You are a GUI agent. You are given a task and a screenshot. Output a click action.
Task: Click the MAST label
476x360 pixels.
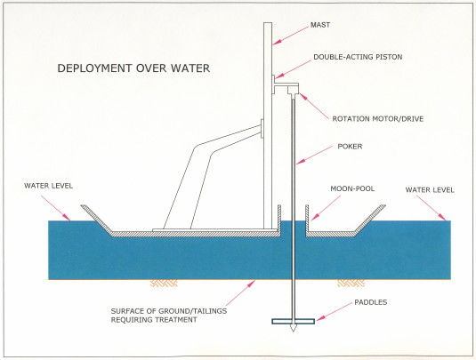click(x=320, y=25)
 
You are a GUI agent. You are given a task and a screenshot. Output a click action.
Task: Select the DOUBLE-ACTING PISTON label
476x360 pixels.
click(x=358, y=57)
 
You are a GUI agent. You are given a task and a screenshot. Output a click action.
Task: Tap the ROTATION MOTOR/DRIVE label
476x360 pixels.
click(x=377, y=118)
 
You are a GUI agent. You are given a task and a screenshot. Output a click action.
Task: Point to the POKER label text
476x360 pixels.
click(x=350, y=147)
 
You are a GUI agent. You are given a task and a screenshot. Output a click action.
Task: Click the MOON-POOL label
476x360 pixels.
click(x=352, y=188)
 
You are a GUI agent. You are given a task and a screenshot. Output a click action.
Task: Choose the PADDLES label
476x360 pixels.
click(x=371, y=302)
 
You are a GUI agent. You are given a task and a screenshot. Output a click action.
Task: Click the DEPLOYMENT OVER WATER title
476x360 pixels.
click(x=133, y=68)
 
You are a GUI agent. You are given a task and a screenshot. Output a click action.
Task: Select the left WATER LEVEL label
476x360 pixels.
click(x=49, y=186)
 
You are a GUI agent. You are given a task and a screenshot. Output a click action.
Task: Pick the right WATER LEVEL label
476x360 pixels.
click(x=430, y=190)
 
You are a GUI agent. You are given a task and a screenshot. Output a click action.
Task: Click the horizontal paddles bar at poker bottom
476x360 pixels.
click(x=293, y=321)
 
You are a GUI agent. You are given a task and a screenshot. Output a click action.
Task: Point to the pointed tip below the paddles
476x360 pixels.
click(x=293, y=332)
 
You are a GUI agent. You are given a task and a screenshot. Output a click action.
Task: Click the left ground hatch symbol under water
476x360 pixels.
click(x=164, y=284)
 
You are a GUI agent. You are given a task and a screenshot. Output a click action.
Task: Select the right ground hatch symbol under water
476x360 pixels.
click(x=351, y=284)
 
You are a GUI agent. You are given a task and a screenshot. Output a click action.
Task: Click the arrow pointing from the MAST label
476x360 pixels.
click(x=290, y=36)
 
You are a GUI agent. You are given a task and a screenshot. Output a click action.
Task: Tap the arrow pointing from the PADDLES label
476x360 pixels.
click(x=334, y=311)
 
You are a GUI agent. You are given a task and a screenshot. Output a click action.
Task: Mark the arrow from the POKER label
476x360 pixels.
click(x=314, y=156)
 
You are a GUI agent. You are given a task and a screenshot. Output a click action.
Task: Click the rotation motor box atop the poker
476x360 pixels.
click(x=293, y=90)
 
